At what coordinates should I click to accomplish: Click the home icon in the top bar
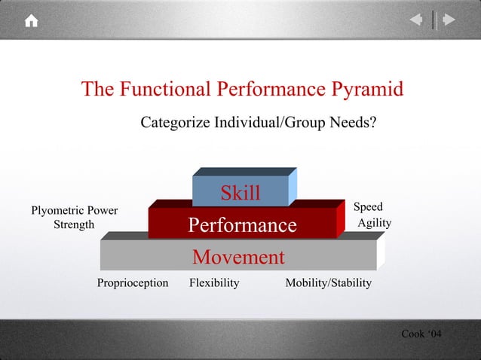tap(31, 21)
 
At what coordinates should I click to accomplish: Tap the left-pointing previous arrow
tap(415, 20)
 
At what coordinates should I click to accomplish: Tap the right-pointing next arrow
tap(449, 20)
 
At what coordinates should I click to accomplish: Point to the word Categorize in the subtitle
tap(175, 122)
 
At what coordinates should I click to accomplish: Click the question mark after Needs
tap(372, 122)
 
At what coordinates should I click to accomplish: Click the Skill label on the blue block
tap(240, 193)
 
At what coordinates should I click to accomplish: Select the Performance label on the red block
tap(242, 225)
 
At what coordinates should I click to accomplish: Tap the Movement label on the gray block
tap(238, 258)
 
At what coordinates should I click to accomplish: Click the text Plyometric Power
tap(74, 211)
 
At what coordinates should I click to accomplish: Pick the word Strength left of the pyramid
tap(74, 224)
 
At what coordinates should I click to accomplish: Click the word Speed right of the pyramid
tap(368, 207)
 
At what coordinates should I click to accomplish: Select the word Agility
tap(374, 223)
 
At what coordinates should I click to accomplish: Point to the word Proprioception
tap(133, 283)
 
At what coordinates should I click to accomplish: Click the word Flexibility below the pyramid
tap(214, 283)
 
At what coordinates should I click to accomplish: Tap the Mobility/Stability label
tap(328, 283)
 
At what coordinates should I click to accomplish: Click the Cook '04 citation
tap(421, 334)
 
